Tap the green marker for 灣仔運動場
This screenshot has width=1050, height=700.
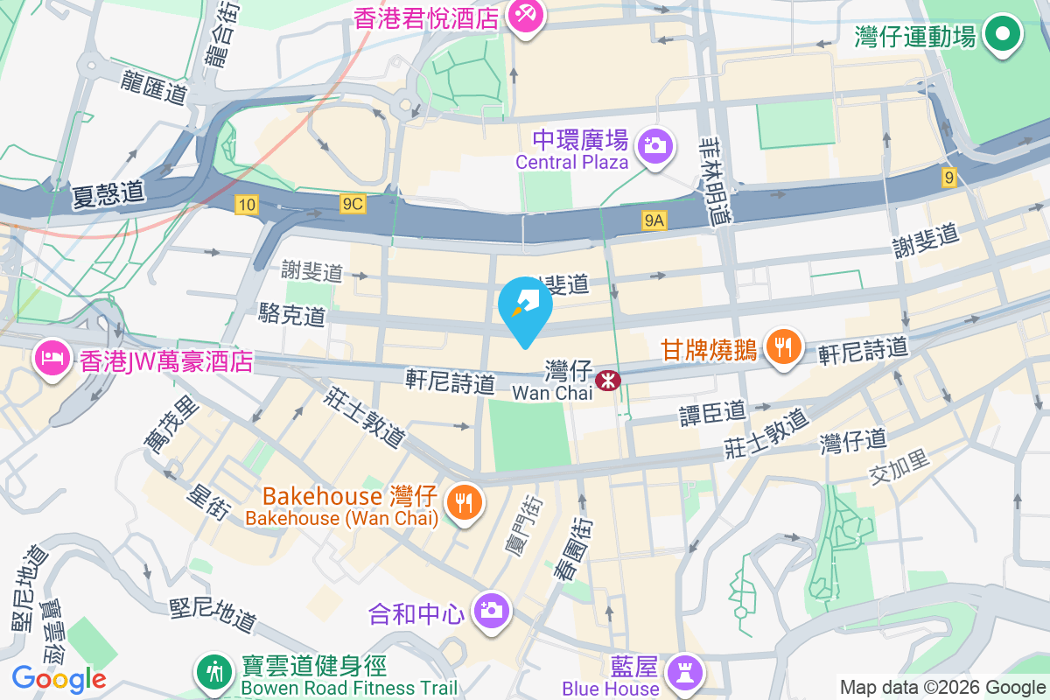[x=1003, y=35]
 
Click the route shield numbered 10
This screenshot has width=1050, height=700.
[x=247, y=204]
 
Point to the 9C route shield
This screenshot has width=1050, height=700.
[x=352, y=204]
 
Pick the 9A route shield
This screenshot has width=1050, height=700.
[x=654, y=221]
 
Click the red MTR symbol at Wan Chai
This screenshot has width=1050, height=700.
[x=605, y=381]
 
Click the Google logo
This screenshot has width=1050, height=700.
[x=59, y=678]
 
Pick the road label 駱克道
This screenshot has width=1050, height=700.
[x=292, y=315]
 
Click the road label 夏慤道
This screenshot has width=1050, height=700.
[x=109, y=192]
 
